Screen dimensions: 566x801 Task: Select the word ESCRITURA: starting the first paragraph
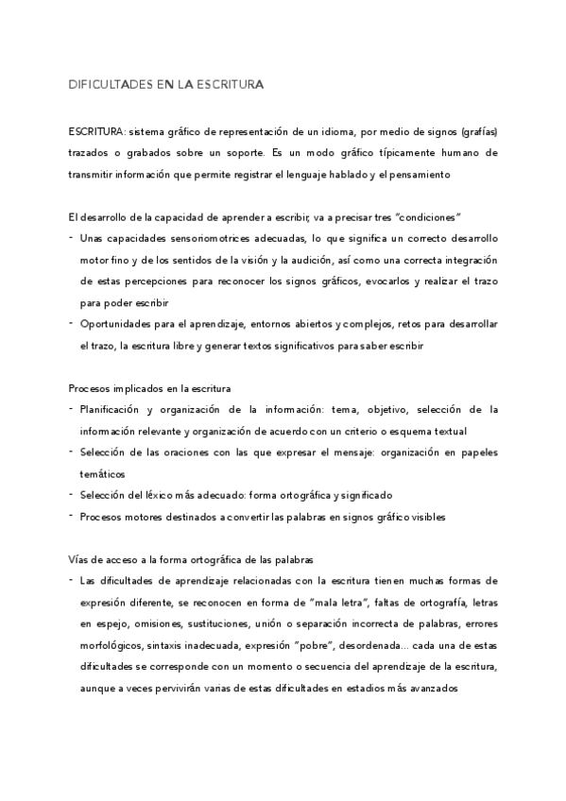click(96, 130)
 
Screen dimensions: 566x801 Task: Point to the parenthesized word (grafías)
click(475, 130)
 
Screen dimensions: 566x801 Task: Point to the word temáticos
click(102, 473)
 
